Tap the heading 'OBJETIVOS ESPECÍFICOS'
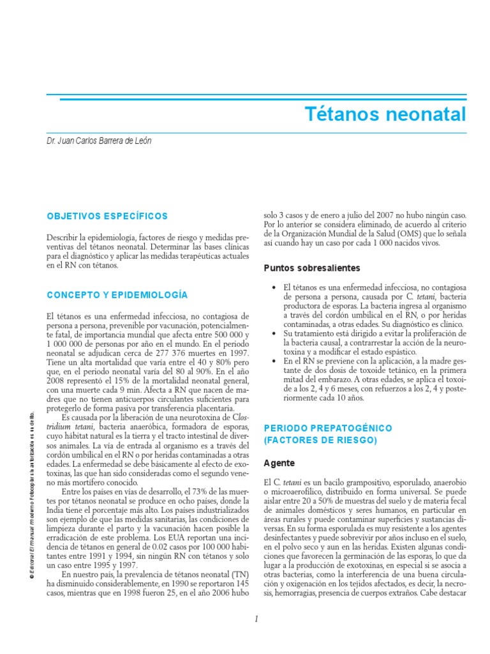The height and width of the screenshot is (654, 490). pyautogui.click(x=108, y=217)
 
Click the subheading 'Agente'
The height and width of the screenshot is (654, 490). pyautogui.click(x=278, y=462)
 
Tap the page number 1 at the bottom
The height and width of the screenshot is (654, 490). pyautogui.click(x=255, y=619)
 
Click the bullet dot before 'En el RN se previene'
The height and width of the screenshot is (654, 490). pyautogui.click(x=274, y=361)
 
